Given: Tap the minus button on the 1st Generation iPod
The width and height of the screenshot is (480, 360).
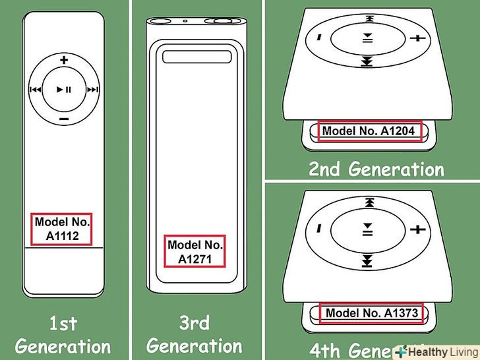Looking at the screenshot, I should pos(64,119).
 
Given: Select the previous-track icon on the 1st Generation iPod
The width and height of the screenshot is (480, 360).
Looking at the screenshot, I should pos(35,90).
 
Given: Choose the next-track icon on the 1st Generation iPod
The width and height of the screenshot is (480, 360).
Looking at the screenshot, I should pos(93,90).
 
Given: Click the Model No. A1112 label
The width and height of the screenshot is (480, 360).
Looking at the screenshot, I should pos(63,228).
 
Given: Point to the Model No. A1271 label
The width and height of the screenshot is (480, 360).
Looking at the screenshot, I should pos(196,251).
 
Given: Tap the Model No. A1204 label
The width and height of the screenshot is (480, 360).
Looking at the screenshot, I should pos(368,131).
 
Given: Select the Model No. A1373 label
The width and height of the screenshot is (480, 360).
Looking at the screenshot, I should pos(371,313).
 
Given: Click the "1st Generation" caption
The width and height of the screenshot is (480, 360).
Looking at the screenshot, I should pos(63,334).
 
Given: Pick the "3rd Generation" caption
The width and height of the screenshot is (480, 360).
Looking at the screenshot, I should pos(195,334).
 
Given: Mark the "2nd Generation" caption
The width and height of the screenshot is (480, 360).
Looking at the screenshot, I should pos(376,169).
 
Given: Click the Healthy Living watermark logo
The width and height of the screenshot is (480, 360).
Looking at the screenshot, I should pos(436,352).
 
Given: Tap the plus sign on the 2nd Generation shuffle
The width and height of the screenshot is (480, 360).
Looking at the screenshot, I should pos(417,39).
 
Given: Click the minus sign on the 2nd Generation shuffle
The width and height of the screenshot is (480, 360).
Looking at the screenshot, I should pos(319,36).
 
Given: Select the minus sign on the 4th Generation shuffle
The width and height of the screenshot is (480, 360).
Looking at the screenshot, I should pos(319,227).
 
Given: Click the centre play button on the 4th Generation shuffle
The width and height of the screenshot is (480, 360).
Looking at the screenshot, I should pos(368,229).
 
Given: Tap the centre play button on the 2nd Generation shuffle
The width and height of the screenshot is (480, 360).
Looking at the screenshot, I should pos(368,38).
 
